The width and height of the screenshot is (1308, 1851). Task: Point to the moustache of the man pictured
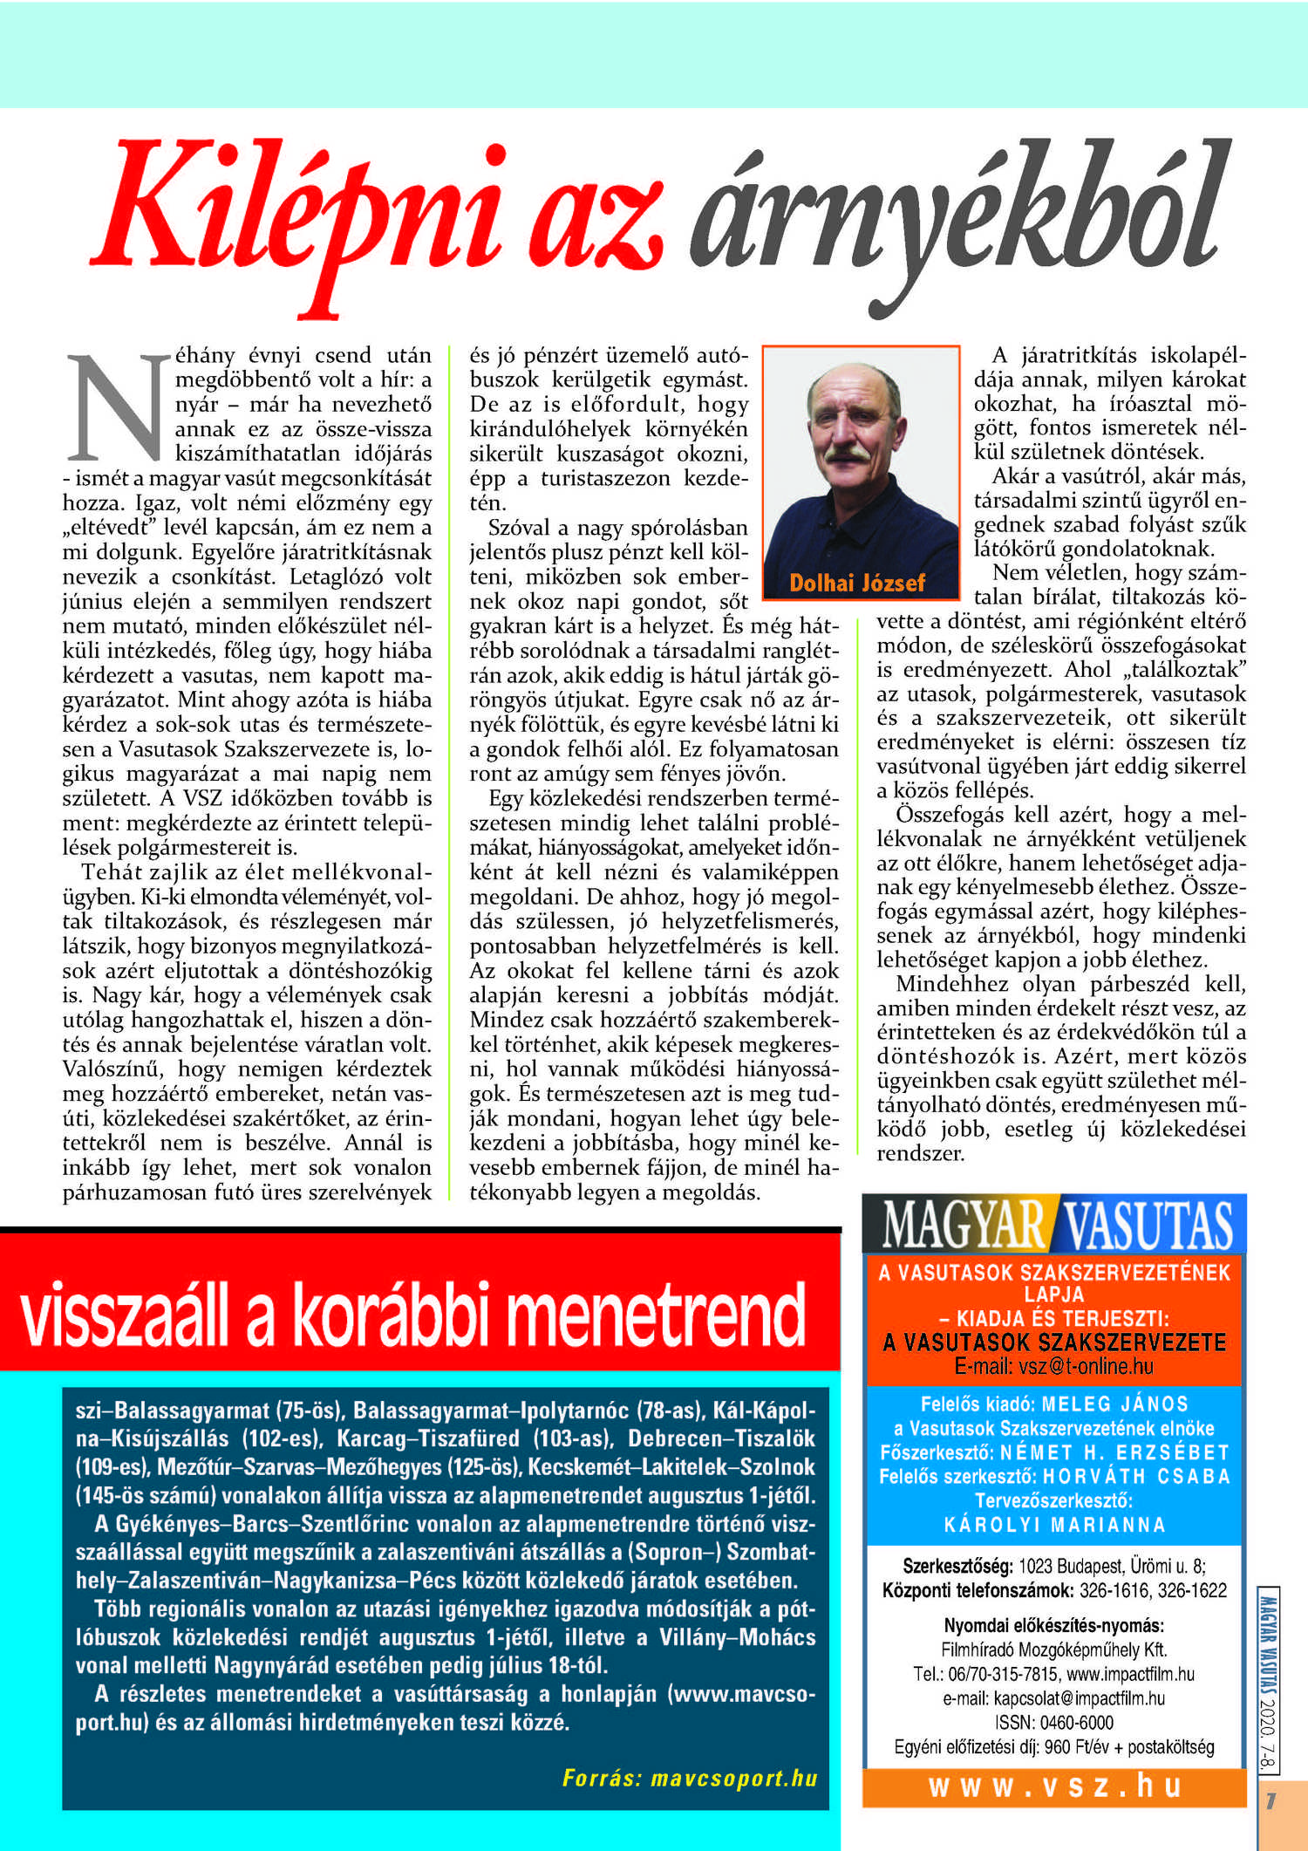[x=848, y=454]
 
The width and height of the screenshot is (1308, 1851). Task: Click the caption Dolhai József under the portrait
[x=857, y=583]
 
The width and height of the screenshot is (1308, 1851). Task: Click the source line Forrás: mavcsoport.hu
[x=690, y=1778]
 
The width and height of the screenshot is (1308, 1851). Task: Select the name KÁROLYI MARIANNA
[x=1054, y=1525]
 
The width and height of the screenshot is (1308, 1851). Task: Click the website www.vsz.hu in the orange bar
[x=1054, y=1786]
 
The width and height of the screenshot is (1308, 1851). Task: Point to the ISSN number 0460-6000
[x=1077, y=1722]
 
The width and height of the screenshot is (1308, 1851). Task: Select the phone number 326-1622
[x=1192, y=1590]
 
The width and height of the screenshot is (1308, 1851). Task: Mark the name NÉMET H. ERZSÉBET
[x=1115, y=1451]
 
